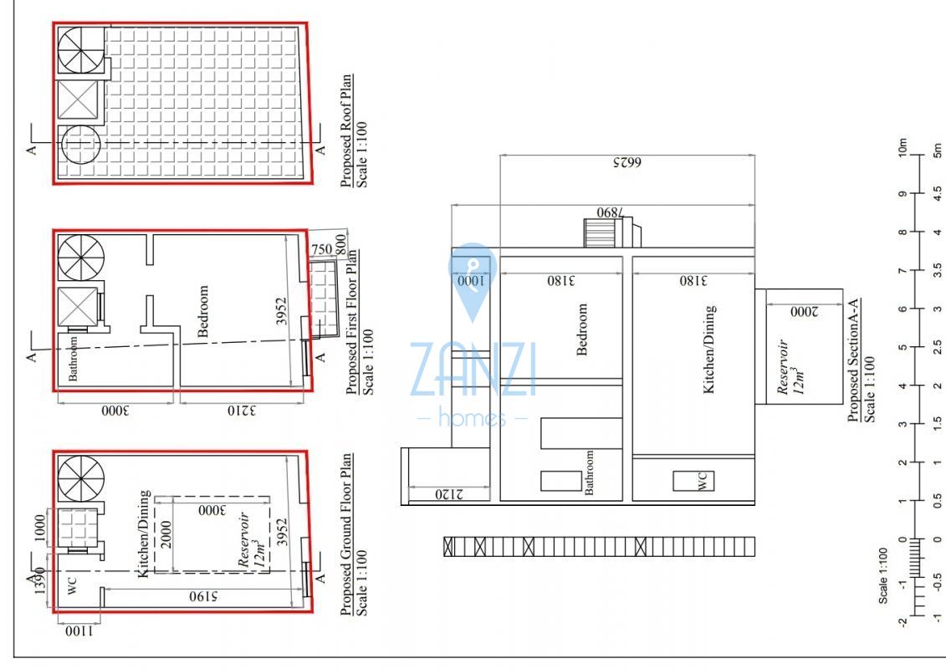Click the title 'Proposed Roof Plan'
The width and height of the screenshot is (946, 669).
coord(346,131)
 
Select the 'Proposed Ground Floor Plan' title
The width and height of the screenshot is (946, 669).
coord(346,534)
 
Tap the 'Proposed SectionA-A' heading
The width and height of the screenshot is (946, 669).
coord(854,360)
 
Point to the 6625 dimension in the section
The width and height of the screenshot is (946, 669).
coord(627,163)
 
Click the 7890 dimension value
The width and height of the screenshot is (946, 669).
coord(611,212)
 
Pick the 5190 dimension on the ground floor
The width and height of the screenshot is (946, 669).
coord(202,596)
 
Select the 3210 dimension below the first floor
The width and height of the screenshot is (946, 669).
coord(242,411)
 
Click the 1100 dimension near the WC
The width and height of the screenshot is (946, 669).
coord(79,631)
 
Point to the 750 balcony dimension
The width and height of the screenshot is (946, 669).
coord(321,248)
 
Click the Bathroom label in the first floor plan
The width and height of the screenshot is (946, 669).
coord(73,358)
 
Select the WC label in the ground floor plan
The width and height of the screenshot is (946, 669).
coord(71,585)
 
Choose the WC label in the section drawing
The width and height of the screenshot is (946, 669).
coord(702,481)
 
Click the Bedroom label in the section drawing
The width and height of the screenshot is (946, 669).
coord(581,329)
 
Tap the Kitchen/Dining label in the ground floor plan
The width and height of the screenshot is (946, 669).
coord(144,534)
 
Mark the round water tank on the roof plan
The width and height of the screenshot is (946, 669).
coord(81,144)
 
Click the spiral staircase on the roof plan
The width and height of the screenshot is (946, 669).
coord(81,50)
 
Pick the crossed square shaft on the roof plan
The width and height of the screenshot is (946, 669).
coord(77,100)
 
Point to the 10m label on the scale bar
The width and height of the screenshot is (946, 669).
coord(903,148)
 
